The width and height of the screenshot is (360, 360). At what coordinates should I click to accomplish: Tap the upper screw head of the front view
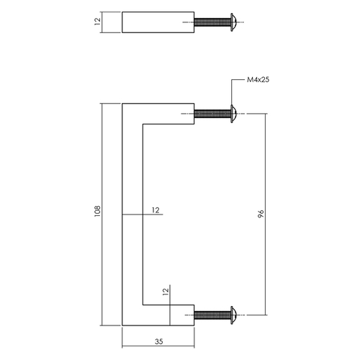point(234,113)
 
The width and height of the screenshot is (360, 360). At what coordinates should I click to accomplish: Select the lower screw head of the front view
point(234,315)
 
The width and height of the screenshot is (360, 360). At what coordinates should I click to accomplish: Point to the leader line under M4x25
point(232,94)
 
